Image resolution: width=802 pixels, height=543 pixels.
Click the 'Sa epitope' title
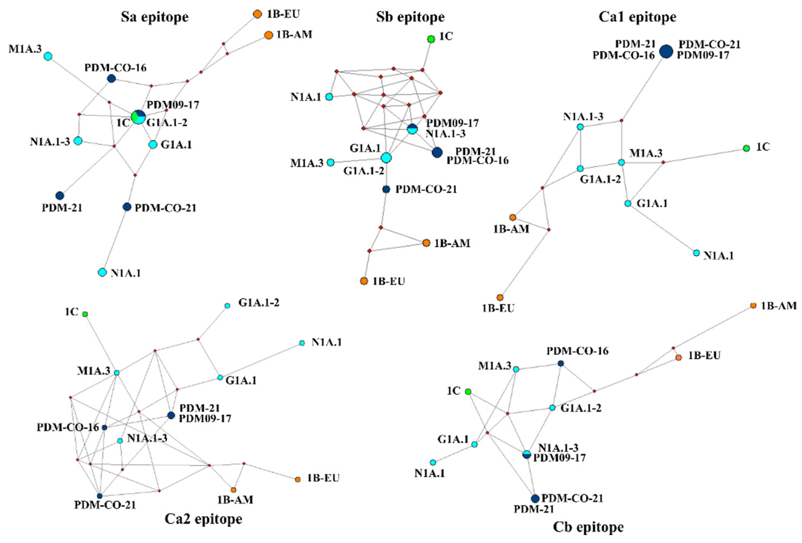click(x=155, y=17)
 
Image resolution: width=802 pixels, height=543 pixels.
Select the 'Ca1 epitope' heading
click(x=637, y=17)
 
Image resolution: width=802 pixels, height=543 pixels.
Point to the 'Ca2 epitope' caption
click(x=203, y=518)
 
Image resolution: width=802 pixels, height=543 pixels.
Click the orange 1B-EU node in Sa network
click(x=258, y=14)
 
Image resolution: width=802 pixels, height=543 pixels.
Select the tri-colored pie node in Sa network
click(x=138, y=117)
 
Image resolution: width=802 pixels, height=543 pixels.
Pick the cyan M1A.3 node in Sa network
click(x=48, y=56)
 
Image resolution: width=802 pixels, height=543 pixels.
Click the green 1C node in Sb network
click(x=431, y=39)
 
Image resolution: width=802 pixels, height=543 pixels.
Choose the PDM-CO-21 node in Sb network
click(x=386, y=189)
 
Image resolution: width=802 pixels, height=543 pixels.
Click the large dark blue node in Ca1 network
click(x=666, y=51)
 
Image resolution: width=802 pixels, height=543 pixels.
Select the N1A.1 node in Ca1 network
click(x=696, y=253)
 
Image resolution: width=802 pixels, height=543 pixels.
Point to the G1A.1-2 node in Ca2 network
click(x=227, y=306)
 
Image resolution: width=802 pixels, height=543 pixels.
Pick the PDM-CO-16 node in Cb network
click(x=561, y=363)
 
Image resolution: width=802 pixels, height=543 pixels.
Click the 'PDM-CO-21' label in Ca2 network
click(x=105, y=505)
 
